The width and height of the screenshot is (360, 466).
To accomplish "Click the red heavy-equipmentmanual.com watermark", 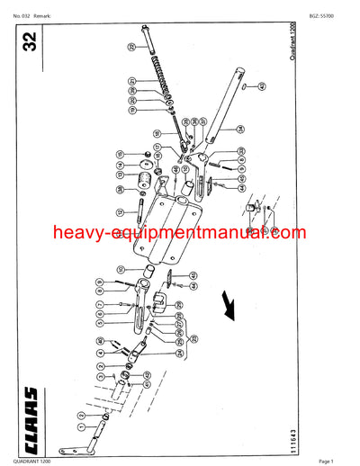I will click(x=179, y=235).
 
